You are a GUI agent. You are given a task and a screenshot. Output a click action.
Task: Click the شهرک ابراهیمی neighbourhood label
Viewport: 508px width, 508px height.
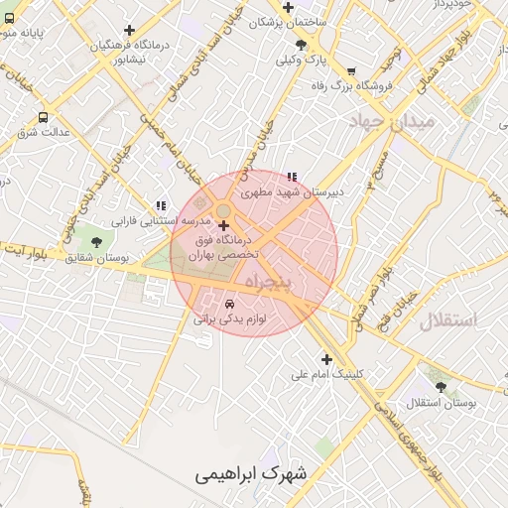tap(251, 472)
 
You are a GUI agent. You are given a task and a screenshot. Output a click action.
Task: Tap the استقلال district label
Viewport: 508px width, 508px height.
tap(447, 320)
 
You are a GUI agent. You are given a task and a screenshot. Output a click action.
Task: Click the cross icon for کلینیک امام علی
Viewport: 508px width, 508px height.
tap(326, 359)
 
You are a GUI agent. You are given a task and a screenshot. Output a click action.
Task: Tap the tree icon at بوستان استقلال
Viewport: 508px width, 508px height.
tap(441, 388)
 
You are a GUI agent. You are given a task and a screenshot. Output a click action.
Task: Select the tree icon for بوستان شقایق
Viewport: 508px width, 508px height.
tap(96, 241)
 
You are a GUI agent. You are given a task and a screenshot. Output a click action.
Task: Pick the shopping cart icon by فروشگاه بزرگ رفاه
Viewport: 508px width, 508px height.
tap(351, 70)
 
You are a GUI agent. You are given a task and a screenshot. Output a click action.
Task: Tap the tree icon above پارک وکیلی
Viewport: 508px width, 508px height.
tap(301, 45)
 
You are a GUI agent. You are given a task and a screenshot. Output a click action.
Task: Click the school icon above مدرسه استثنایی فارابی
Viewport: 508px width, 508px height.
tap(161, 205)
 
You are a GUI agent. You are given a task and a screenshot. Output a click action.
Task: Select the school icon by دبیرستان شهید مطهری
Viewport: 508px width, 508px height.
tap(291, 178)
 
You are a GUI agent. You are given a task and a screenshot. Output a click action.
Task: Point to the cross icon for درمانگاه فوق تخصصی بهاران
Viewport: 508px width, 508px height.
tap(223, 226)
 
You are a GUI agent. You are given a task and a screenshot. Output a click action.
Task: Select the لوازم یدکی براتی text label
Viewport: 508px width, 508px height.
tap(230, 319)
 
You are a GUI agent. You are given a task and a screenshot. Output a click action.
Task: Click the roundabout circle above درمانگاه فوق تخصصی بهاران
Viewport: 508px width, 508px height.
tap(224, 209)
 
